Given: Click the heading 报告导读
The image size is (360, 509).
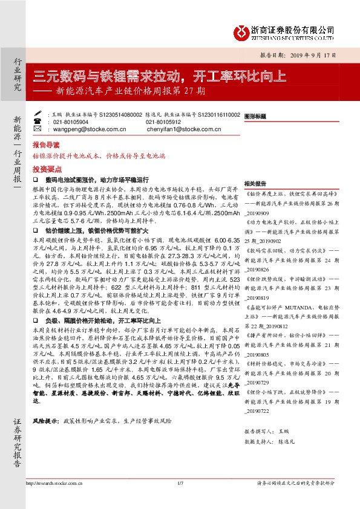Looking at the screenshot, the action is [x=46, y=146].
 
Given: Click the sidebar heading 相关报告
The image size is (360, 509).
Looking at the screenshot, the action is [x=255, y=184].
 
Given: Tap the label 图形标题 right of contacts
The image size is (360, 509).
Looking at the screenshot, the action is [x=255, y=115].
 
